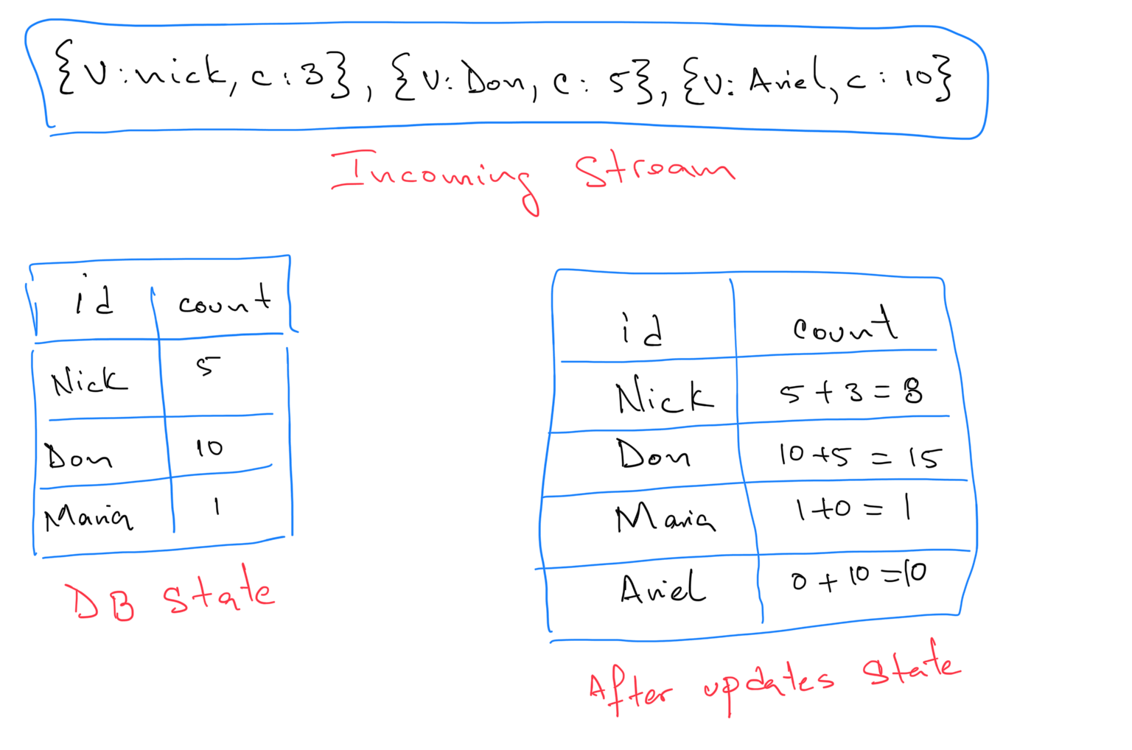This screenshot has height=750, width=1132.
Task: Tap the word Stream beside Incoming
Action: (x=654, y=171)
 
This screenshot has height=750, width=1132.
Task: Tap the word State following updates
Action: (x=911, y=668)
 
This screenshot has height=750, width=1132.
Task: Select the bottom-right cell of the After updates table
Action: (x=862, y=589)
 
